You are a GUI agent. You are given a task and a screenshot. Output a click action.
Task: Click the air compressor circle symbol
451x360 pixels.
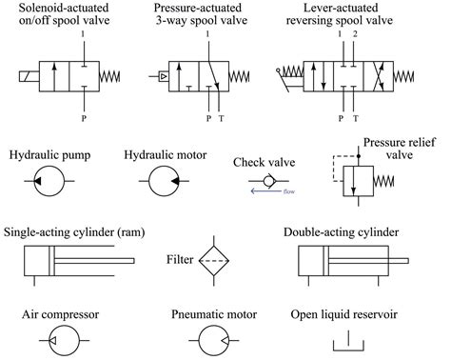pyautogui.click(x=47, y=339)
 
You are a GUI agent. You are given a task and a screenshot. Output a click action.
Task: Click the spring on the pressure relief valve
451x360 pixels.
pyautogui.click(x=384, y=180)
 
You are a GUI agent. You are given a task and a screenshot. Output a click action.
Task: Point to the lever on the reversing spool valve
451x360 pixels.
pyautogui.click(x=289, y=72)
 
